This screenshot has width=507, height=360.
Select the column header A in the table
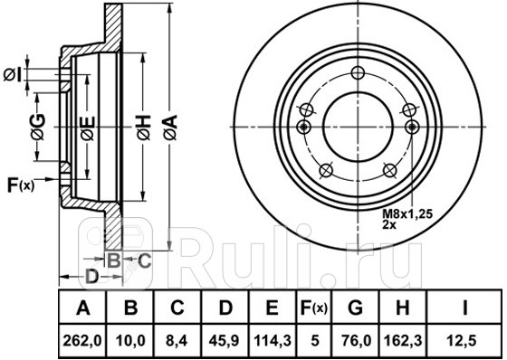[83, 309]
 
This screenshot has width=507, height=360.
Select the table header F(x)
[313, 309]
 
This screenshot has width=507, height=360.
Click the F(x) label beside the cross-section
[21, 186]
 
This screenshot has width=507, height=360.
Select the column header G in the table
[355, 309]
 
